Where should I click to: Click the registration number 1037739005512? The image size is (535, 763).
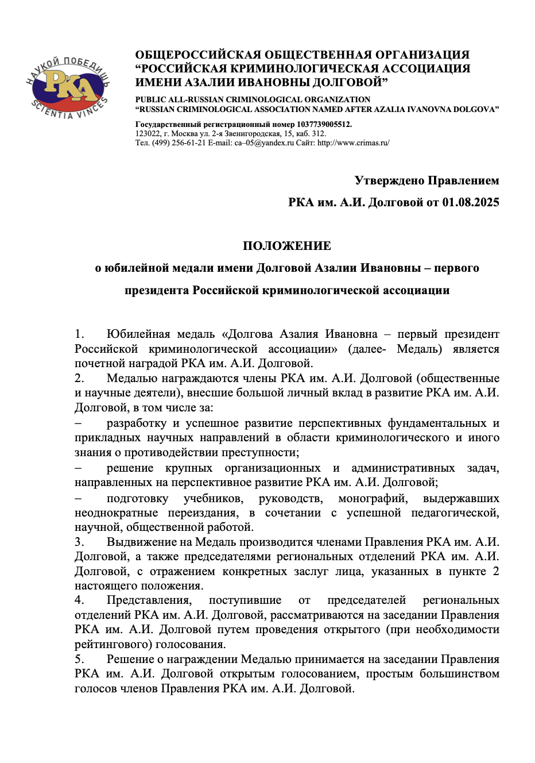click(324, 124)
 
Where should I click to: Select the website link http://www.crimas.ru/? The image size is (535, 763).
click(353, 142)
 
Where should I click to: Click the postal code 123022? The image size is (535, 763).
click(148, 133)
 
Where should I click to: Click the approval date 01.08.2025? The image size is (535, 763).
click(471, 202)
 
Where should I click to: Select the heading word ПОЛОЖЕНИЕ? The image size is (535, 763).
click(287, 246)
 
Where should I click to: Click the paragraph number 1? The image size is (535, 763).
click(79, 334)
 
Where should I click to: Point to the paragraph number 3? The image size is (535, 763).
click(79, 542)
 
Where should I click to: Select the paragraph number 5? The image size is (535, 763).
click(79, 659)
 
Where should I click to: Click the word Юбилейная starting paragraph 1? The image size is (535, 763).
click(138, 334)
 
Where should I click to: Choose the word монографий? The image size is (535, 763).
click(373, 498)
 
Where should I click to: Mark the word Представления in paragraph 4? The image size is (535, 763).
click(149, 600)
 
